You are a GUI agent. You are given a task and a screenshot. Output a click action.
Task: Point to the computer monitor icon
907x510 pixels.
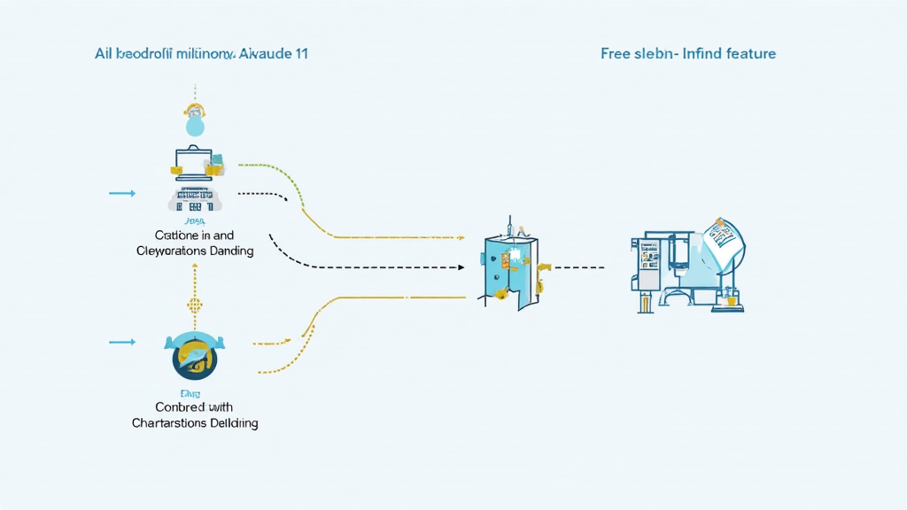pyautogui.click(x=193, y=162)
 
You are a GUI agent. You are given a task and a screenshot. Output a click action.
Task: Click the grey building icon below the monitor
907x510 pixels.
pyautogui.click(x=194, y=199)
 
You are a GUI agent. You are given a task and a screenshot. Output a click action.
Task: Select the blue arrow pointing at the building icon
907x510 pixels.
pyautogui.click(x=122, y=193)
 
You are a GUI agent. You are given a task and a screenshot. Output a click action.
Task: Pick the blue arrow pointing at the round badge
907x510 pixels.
pyautogui.click(x=122, y=341)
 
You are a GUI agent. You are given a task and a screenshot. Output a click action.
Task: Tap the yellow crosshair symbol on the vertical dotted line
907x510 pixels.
pyautogui.click(x=194, y=304)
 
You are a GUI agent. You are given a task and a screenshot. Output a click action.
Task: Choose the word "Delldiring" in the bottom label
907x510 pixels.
pyautogui.click(x=229, y=423)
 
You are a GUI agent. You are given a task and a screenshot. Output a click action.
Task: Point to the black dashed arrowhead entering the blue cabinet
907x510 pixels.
pyautogui.click(x=461, y=267)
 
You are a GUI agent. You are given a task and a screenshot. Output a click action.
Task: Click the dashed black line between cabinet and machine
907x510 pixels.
pyautogui.click(x=580, y=267)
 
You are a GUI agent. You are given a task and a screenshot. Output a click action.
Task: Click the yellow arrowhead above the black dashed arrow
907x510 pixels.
pyautogui.click(x=461, y=237)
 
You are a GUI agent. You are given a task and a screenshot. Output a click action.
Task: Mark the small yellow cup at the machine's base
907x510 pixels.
pyautogui.click(x=732, y=301)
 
